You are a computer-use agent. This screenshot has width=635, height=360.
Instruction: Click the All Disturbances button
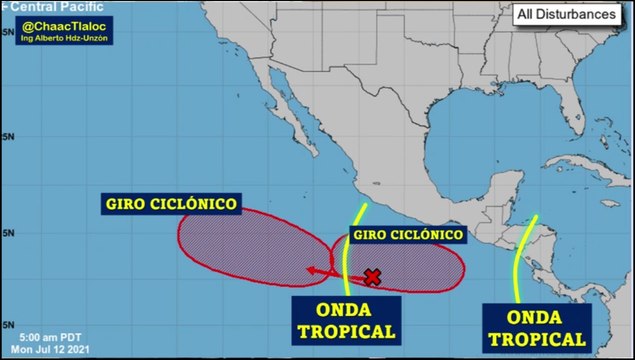(566, 14)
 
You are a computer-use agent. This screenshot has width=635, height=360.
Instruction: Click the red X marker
(373, 276)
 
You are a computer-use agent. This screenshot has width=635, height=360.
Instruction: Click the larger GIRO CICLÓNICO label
(171, 204)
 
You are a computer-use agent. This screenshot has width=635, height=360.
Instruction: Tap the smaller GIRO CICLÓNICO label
(407, 235)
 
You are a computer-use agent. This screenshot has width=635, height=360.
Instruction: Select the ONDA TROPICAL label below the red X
(345, 318)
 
